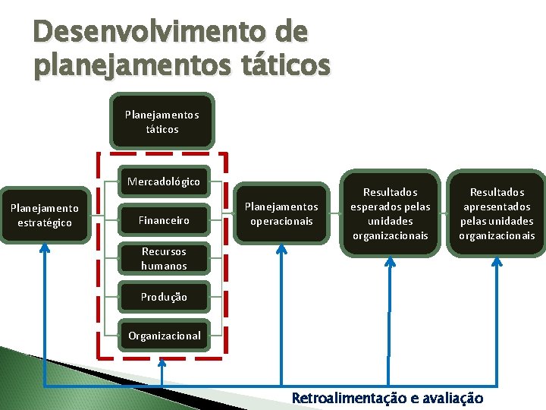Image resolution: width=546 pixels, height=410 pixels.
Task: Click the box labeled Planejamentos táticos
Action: click(x=162, y=121)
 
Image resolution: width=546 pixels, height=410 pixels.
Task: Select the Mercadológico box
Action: click(x=164, y=182)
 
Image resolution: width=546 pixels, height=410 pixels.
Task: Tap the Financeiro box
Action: click(x=164, y=221)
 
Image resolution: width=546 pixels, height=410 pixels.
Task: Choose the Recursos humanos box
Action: click(x=164, y=259)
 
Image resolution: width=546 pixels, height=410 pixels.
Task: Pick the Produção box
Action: click(x=164, y=297)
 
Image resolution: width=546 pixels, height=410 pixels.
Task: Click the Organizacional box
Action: click(x=164, y=336)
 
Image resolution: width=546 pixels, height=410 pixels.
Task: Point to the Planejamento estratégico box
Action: click(x=44, y=215)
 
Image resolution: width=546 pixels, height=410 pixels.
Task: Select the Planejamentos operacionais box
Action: click(x=281, y=214)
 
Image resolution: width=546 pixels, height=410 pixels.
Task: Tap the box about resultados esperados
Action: click(x=391, y=214)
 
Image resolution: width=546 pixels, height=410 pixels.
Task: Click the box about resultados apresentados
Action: click(x=497, y=214)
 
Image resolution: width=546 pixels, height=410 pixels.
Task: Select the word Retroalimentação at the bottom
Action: click(x=346, y=398)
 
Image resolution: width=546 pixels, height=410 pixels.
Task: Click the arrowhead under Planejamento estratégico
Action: click(x=44, y=251)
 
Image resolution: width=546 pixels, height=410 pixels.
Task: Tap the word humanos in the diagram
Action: click(x=164, y=266)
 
